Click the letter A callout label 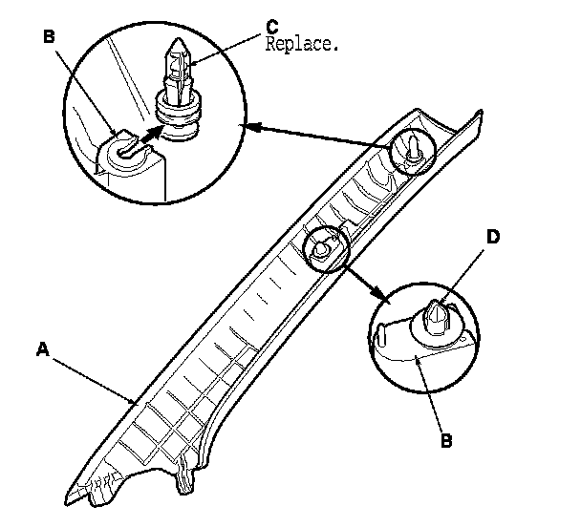42,350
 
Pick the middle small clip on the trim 323,246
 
